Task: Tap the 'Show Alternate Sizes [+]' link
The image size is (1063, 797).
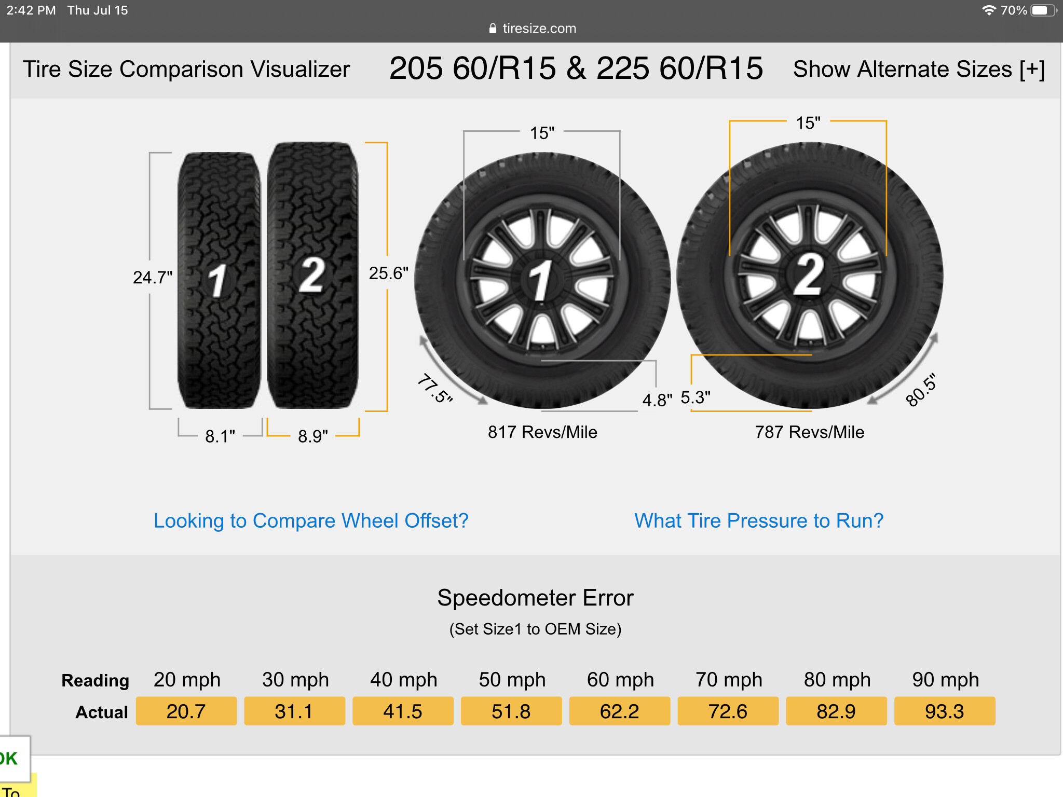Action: point(919,69)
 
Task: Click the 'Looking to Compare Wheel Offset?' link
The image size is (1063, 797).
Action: point(311,520)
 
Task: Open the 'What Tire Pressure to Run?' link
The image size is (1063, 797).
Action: point(759,520)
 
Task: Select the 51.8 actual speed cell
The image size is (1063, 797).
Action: point(511,711)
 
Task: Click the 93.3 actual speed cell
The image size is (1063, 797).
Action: point(945,711)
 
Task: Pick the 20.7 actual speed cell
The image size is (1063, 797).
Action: point(186,711)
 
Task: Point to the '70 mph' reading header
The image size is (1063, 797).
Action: point(729,680)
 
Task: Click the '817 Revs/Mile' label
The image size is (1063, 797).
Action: point(542,432)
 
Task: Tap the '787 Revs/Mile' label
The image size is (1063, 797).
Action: point(810,432)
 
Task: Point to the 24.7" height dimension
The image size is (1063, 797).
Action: point(153,278)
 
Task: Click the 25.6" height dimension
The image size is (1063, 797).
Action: point(389,273)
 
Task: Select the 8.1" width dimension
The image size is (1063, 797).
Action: point(220,436)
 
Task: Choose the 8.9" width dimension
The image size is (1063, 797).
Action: point(313,436)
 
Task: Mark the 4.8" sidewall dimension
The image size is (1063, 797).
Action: point(657,400)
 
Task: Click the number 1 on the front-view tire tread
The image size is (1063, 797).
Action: point(218,281)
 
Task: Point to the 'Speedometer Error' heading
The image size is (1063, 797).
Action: point(535,598)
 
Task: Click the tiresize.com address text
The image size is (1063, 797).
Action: point(539,29)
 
